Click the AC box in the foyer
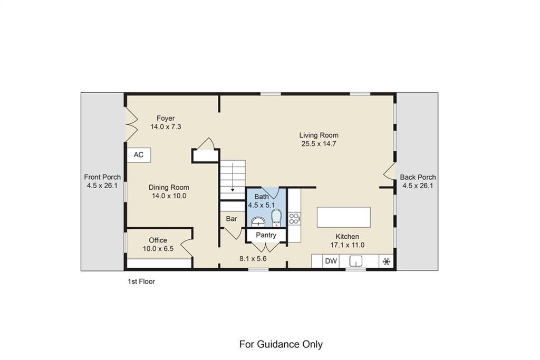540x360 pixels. (x=139, y=155)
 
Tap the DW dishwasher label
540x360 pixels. (x=331, y=261)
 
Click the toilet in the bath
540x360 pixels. (x=276, y=217)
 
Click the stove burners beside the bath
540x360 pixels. (x=294, y=217)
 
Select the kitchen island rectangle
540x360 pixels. (x=343, y=217)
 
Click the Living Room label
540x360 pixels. (x=320, y=135)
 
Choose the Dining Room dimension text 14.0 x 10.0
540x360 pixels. (x=169, y=196)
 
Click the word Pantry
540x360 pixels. (x=266, y=235)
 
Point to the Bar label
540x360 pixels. (x=232, y=219)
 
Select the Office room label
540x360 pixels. (x=158, y=240)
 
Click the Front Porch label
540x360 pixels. (x=102, y=177)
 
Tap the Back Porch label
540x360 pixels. (x=418, y=177)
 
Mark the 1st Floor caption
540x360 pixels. (x=141, y=281)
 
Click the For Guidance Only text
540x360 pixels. (x=281, y=345)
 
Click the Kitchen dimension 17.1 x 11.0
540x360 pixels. (x=348, y=245)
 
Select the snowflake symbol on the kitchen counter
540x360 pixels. (x=387, y=261)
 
